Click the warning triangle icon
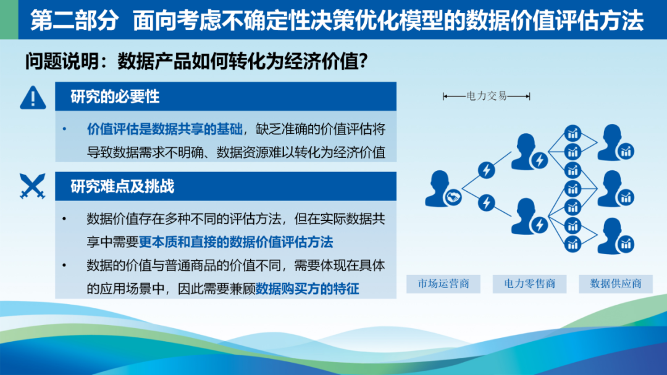[x=33, y=98]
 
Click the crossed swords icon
[x=32, y=186]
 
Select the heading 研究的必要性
[x=115, y=97]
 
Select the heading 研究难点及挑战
[x=122, y=186]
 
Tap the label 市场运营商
[x=443, y=284]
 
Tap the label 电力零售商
[x=530, y=284]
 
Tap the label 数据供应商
[x=616, y=284]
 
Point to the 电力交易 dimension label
[x=487, y=96]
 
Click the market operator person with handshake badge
[x=442, y=189]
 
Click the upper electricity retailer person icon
[x=529, y=152]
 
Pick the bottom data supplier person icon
[x=615, y=236]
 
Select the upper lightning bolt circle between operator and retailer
[x=486, y=170]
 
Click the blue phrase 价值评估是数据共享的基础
[x=165, y=129]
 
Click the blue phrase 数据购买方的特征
[x=307, y=289]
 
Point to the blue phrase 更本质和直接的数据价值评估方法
[x=236, y=242]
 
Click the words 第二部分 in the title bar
[x=75, y=20]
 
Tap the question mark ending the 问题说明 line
[x=363, y=61]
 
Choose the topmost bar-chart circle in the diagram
[x=573, y=133]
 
